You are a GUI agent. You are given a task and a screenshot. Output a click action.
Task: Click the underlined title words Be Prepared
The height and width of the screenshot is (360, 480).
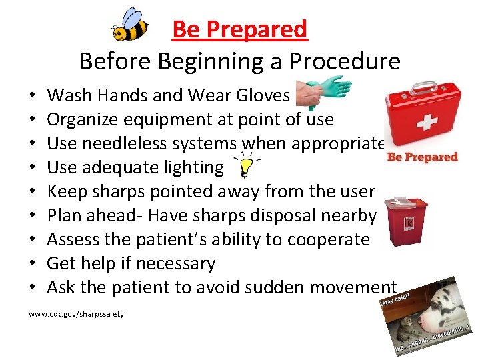click(239, 29)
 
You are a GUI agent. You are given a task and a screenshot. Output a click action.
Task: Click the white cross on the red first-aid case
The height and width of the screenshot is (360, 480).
click(426, 124)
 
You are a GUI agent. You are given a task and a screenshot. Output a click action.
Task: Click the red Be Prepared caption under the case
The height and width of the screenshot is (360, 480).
click(423, 157)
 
